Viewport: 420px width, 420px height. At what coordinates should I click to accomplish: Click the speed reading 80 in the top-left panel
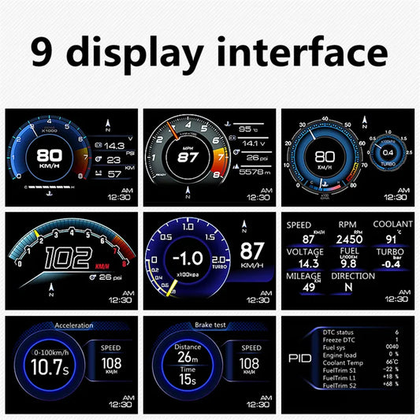[49, 154]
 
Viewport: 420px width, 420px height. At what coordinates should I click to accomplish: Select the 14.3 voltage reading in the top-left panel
[114, 146]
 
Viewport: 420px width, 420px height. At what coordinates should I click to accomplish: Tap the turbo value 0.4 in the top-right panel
[388, 151]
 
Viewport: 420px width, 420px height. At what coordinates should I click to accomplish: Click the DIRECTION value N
[348, 288]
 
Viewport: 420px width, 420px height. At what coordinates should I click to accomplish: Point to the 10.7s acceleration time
[47, 367]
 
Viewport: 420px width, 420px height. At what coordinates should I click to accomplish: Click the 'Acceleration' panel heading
[73, 325]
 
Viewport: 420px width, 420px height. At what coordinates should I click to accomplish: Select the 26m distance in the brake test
[188, 356]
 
